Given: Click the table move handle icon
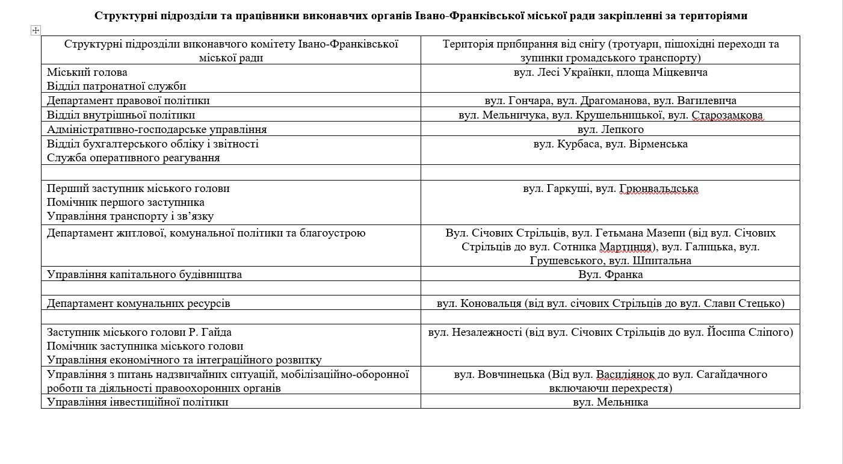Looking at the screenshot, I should pos(36,30).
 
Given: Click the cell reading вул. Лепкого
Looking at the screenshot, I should pos(610,129).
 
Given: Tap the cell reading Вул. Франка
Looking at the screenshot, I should pos(610,274).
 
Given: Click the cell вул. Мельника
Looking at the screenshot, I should pos(610,402).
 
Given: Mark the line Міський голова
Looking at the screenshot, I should pos(87,72).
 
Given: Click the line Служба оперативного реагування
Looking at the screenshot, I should pos(133,158).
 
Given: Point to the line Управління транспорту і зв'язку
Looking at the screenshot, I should pos(130,216).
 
